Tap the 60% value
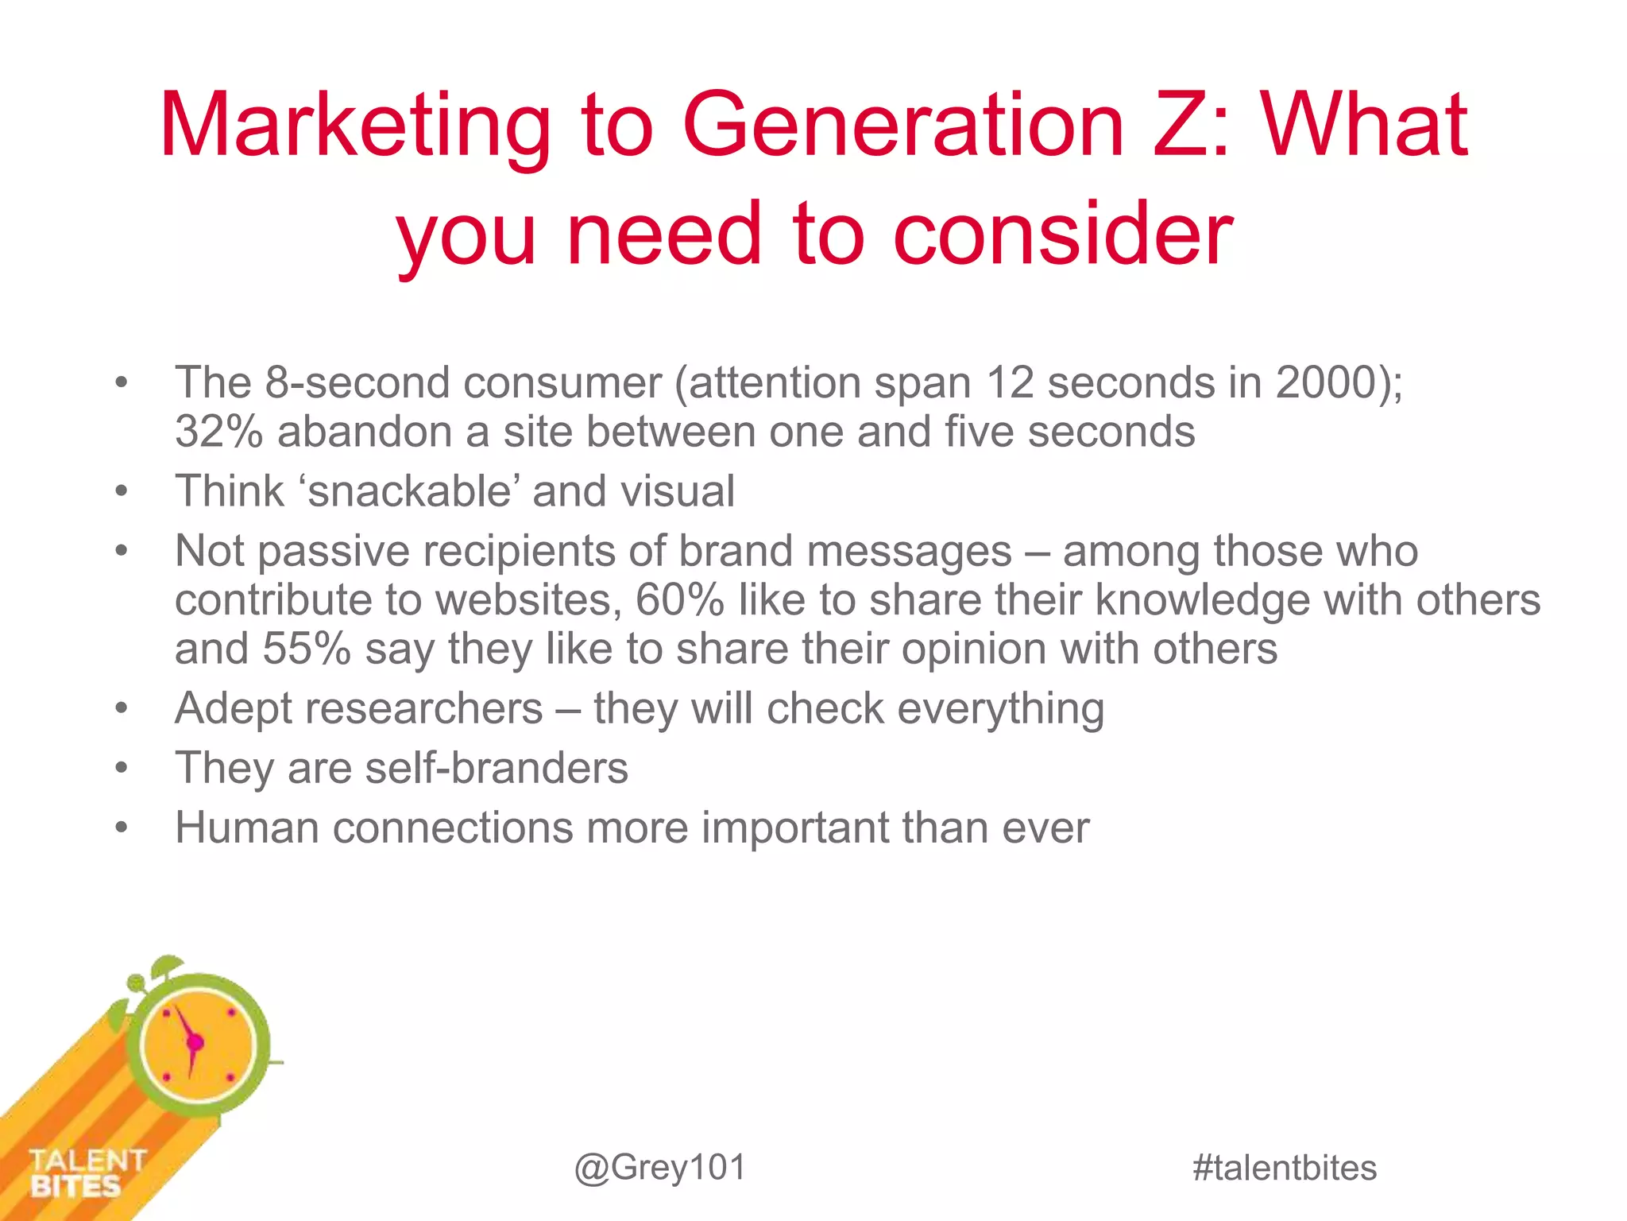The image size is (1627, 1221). pyautogui.click(x=679, y=600)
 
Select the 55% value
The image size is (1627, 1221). pyautogui.click(x=307, y=649)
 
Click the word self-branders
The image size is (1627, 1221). pyautogui.click(x=497, y=769)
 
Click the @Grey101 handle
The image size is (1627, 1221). pyautogui.click(x=660, y=1168)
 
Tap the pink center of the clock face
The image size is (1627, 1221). pyautogui.click(x=195, y=1042)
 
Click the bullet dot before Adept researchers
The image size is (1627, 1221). pyautogui.click(x=121, y=708)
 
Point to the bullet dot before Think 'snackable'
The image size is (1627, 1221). pyautogui.click(x=121, y=491)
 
